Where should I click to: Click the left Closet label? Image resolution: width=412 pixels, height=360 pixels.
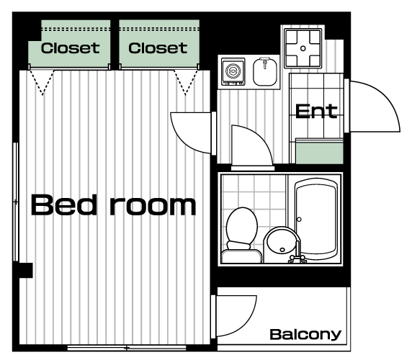tap(70, 48)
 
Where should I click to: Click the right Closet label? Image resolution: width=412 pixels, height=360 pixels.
tap(158, 48)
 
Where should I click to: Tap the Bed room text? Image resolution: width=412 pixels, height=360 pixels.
tap(114, 205)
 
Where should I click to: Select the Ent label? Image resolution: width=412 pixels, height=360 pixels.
tap(316, 112)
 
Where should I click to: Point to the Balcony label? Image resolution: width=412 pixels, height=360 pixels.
tap(305, 335)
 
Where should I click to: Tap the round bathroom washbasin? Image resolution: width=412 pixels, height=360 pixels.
tap(281, 241)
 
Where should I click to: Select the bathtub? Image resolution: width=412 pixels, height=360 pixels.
tap(315, 219)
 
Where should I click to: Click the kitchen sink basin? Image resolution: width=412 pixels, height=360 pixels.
tap(265, 72)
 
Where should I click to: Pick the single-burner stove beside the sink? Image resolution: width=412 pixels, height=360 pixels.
tap(233, 72)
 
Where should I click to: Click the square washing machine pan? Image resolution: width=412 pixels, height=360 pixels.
tap(303, 48)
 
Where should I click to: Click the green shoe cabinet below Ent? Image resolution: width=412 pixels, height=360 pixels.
tap(320, 151)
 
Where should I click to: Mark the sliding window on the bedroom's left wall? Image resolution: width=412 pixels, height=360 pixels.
tap(16, 202)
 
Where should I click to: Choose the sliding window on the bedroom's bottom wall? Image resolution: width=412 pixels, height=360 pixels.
tap(127, 348)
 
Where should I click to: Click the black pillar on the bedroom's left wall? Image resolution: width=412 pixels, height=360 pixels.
tap(26, 270)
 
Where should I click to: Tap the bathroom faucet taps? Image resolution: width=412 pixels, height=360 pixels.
tap(297, 258)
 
